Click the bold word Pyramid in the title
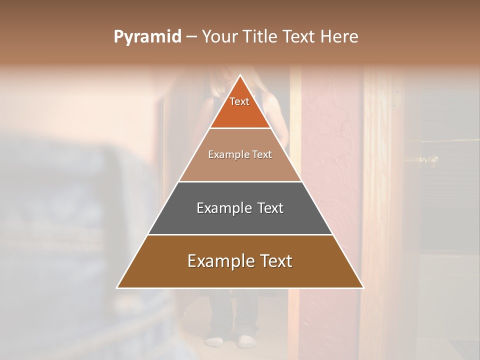coord(147,37)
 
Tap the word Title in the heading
coord(260,37)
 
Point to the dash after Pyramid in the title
coord(191,37)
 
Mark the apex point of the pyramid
coord(240,75)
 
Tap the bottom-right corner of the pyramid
coord(363,287)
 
